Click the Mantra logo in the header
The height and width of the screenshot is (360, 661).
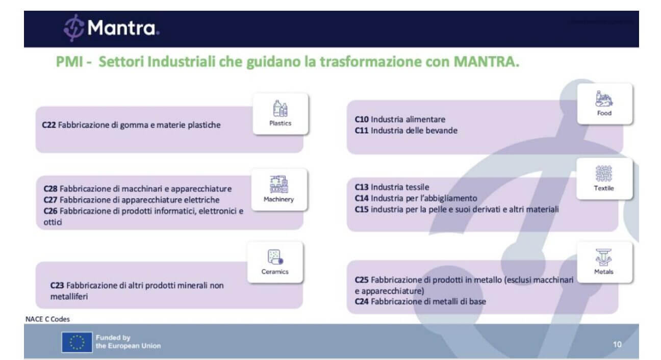[111, 28]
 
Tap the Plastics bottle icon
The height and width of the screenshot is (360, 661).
[281, 108]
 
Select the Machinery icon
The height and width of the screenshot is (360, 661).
[279, 184]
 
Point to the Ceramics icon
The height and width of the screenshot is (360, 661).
[275, 256]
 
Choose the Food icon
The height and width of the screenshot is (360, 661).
[604, 98]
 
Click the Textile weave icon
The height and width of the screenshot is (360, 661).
[603, 173]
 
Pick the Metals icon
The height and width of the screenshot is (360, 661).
[603, 258]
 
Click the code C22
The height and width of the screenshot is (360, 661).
[48, 125]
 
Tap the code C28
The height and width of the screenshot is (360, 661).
[50, 189]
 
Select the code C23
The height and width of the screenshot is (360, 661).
[57, 286]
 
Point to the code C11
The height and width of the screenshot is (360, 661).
[362, 131]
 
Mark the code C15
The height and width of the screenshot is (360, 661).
[362, 209]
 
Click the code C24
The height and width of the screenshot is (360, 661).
[362, 301]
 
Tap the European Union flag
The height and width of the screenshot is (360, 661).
[77, 342]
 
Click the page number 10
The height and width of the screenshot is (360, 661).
[617, 344]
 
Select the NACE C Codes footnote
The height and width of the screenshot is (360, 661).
[47, 319]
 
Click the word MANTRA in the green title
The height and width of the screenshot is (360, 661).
[486, 62]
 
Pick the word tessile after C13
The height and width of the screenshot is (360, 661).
[418, 187]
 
